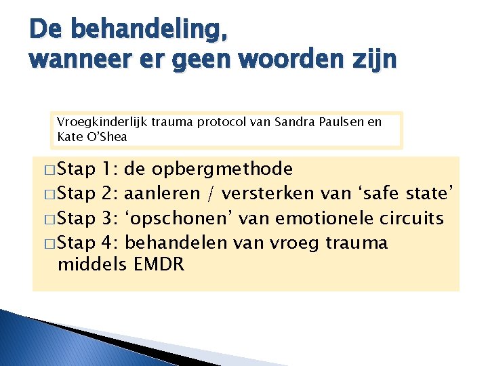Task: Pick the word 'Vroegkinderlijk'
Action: [x=100, y=122]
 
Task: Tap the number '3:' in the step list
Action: [x=111, y=218]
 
